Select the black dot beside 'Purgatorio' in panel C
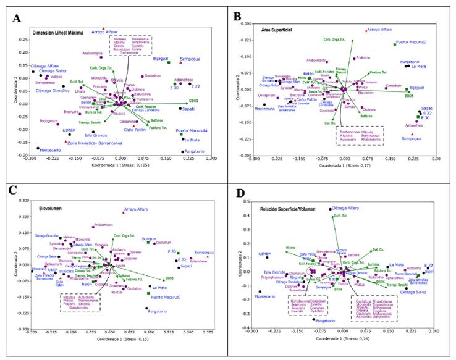click(x=146, y=308)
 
